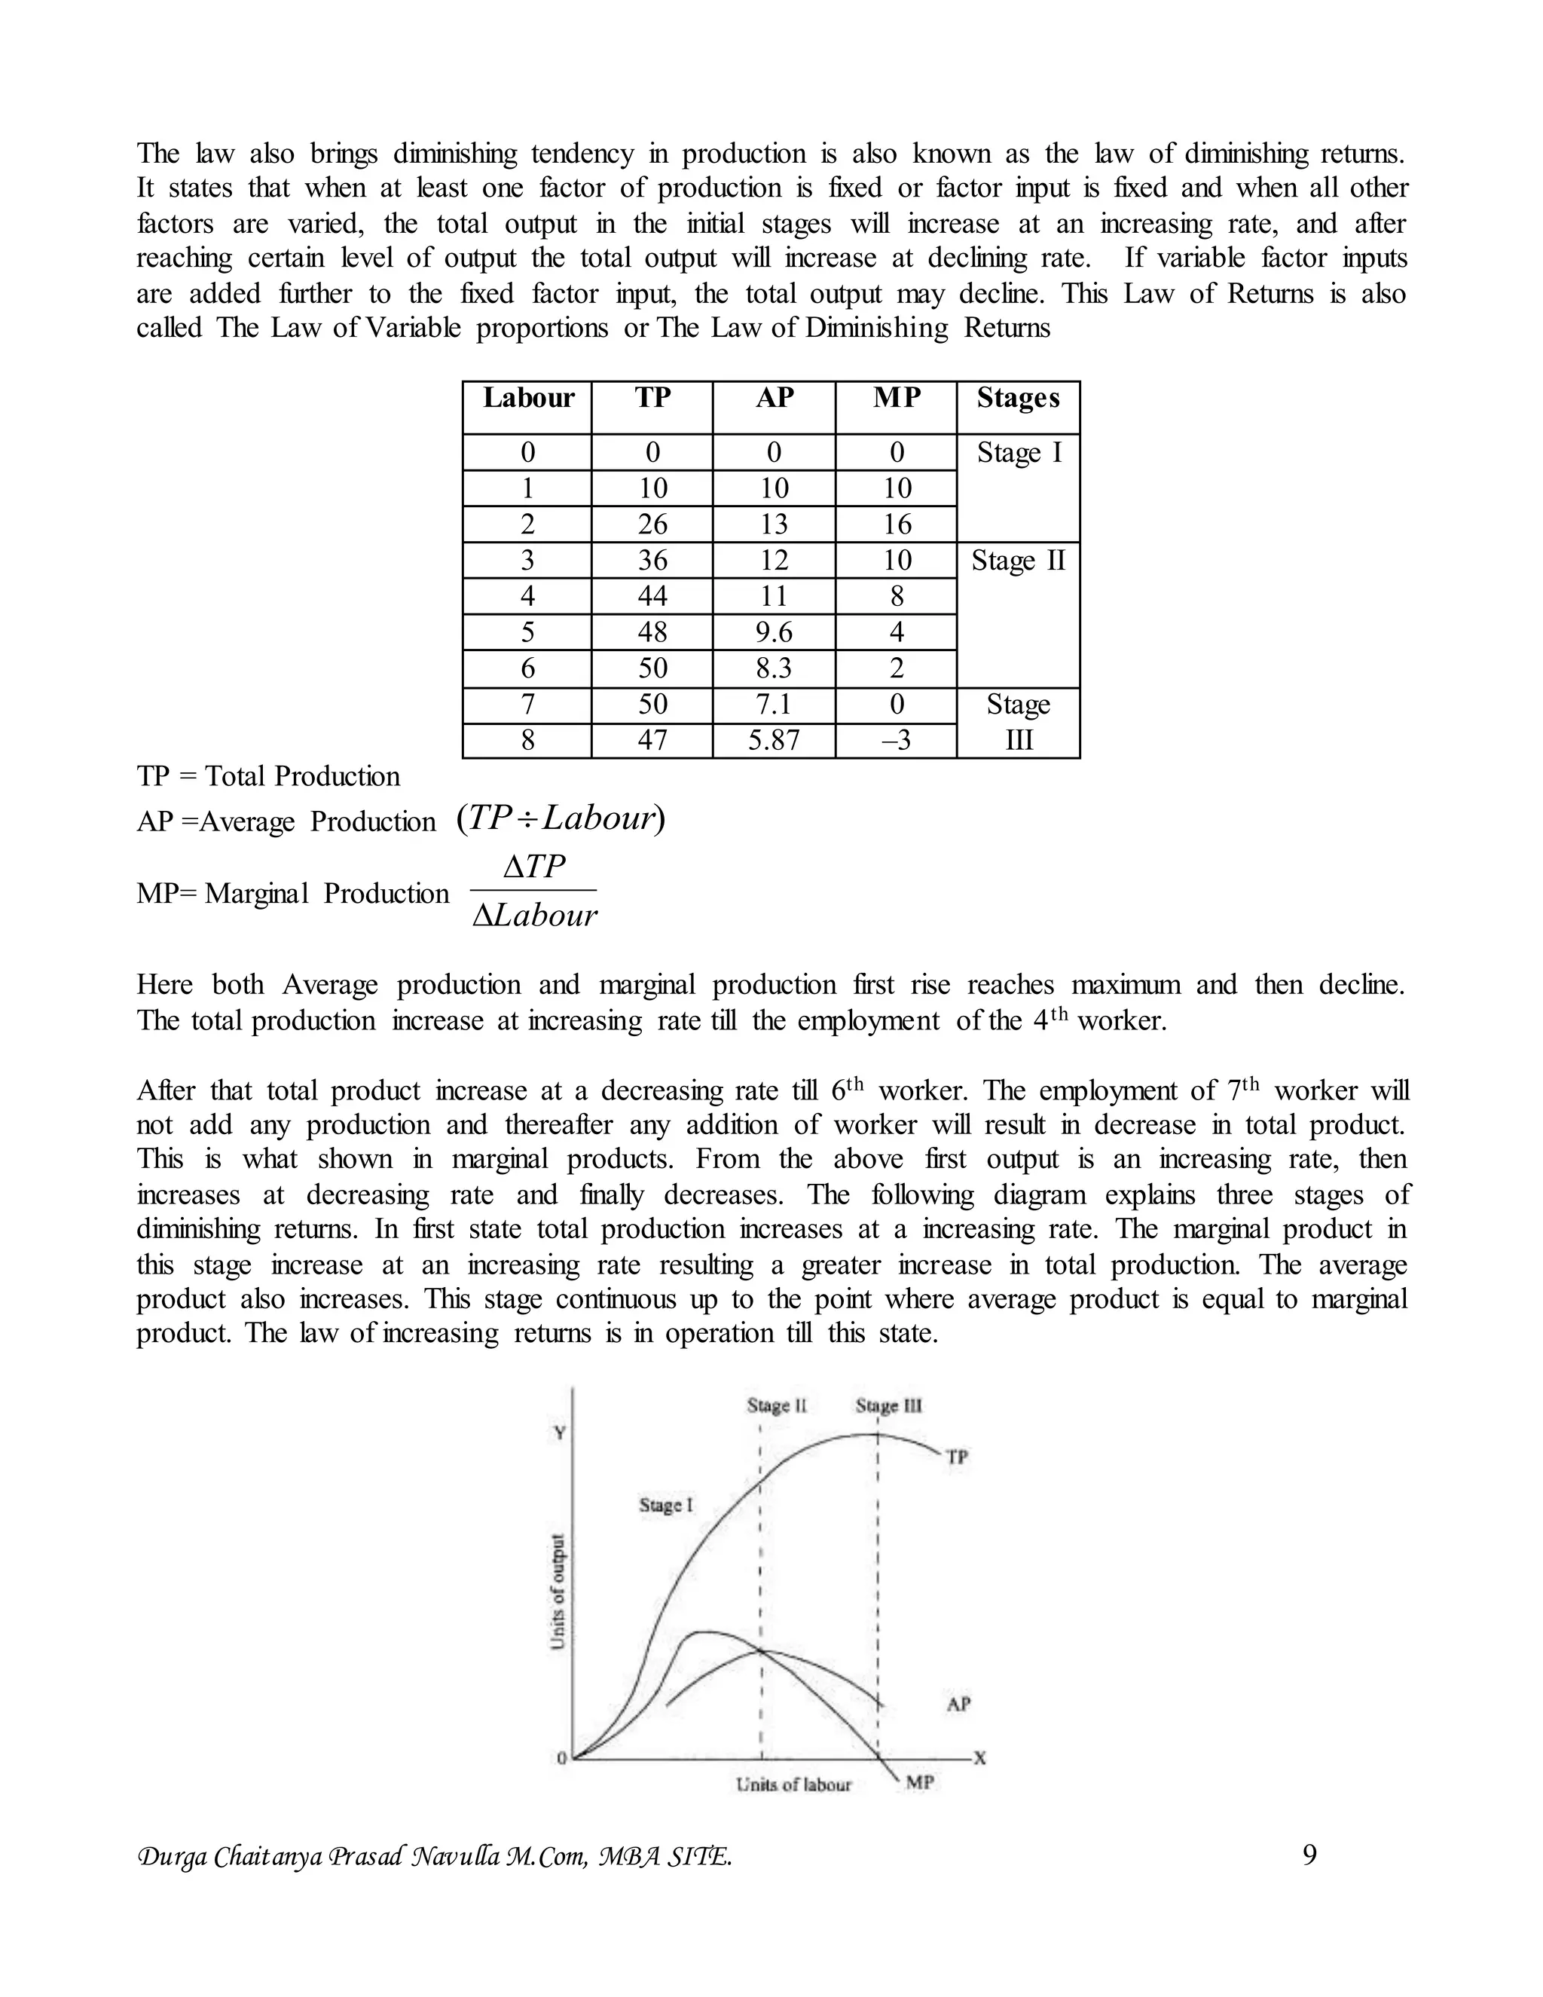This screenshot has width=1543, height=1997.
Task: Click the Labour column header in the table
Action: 527,399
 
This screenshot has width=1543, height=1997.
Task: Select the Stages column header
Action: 1017,399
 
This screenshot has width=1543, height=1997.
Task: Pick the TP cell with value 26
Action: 652,524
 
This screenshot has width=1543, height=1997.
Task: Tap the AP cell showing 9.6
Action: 773,632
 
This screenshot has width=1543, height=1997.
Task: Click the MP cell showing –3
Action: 896,740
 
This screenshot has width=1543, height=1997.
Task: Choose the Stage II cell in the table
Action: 1017,561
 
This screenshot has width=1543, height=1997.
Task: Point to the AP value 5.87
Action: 773,740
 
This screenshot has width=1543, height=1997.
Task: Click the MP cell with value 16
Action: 896,524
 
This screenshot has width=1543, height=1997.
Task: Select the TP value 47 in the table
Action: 652,740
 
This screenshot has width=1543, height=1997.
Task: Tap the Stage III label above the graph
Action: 888,1406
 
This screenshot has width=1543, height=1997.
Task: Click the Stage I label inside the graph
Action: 665,1505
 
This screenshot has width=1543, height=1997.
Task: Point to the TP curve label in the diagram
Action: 956,1457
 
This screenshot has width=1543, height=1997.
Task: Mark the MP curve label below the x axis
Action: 920,1782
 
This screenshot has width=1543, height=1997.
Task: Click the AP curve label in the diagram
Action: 958,1704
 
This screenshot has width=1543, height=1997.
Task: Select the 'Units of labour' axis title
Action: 793,1784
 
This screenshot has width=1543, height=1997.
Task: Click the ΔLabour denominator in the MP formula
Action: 535,916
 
